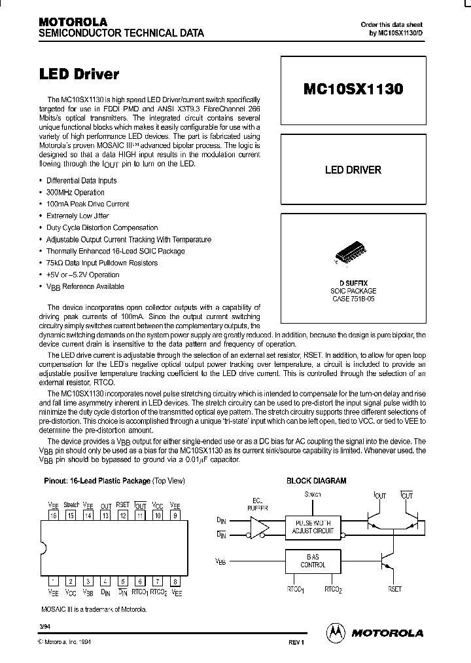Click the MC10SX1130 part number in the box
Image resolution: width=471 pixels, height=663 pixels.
pos(353,90)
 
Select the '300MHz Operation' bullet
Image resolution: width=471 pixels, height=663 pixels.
pos(75,193)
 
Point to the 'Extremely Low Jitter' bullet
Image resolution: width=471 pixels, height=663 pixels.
pos(77,216)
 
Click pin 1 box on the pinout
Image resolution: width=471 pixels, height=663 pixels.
pos(53,581)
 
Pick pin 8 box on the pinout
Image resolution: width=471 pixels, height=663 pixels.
pos(175,581)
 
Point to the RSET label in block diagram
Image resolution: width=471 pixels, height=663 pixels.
pos(394,589)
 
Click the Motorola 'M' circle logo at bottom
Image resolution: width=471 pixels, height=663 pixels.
pos(334,632)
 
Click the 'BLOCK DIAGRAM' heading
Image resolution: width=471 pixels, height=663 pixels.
pos(316,481)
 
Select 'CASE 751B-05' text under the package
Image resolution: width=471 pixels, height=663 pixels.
pos(353,298)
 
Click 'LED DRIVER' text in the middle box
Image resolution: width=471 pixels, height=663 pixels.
pos(353,170)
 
